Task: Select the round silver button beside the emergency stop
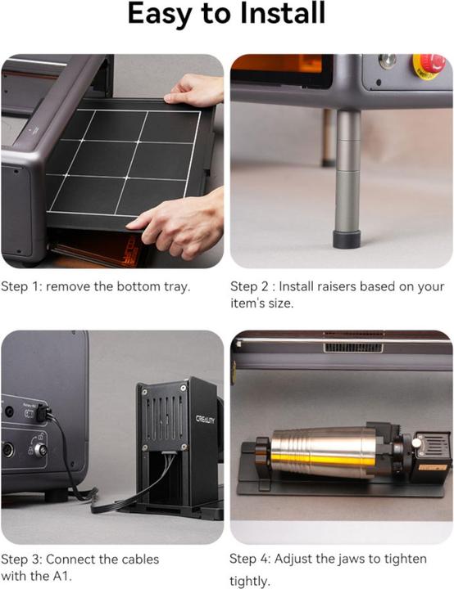point(386,61)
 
